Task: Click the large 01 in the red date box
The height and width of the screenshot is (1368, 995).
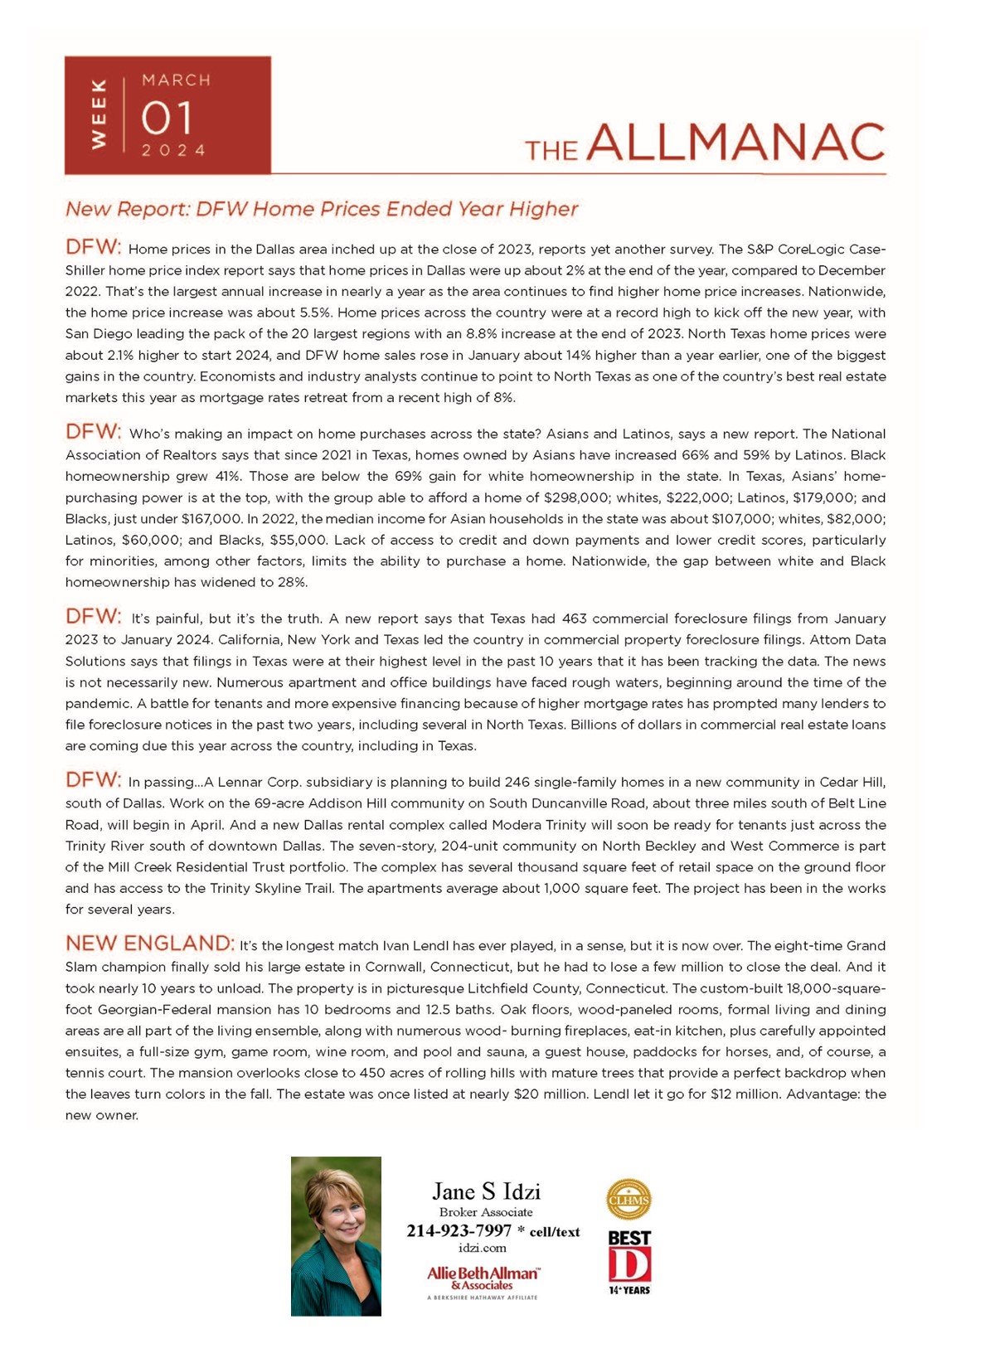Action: pyautogui.click(x=167, y=118)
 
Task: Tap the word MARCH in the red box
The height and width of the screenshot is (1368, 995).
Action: pyautogui.click(x=176, y=80)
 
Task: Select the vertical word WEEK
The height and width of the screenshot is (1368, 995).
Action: pyautogui.click(x=99, y=114)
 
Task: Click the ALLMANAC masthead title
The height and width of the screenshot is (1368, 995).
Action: pyautogui.click(x=736, y=143)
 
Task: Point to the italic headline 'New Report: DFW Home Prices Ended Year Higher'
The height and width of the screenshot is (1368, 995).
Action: pyautogui.click(x=322, y=209)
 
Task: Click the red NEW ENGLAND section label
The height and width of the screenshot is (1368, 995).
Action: pyautogui.click(x=149, y=944)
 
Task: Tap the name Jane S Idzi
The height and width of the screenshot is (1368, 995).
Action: pyautogui.click(x=486, y=1191)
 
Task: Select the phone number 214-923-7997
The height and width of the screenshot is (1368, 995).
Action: pyautogui.click(x=459, y=1231)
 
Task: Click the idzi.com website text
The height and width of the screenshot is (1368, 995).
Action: pyautogui.click(x=482, y=1248)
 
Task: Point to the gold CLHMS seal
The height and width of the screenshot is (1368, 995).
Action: pyautogui.click(x=629, y=1200)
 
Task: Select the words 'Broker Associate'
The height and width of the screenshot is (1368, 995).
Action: pyautogui.click(x=486, y=1212)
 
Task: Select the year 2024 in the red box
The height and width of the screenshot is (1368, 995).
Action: pyautogui.click(x=173, y=150)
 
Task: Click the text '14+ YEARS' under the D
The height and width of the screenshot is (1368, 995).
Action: pyautogui.click(x=629, y=1290)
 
